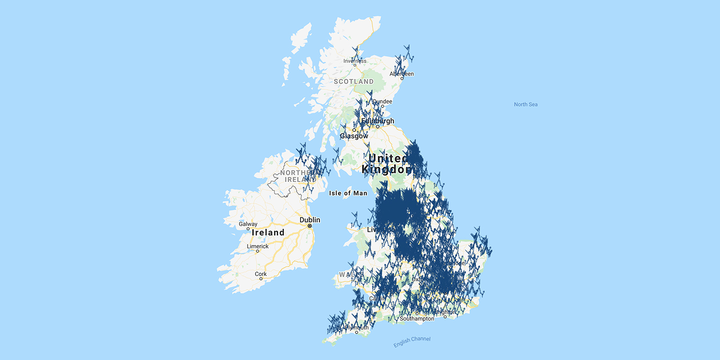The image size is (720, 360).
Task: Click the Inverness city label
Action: [x=354, y=61]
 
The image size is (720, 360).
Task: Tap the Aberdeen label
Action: [x=403, y=73]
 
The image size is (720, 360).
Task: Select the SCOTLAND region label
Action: [x=353, y=81]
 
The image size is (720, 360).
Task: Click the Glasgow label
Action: [x=354, y=136]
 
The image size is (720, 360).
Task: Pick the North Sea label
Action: [x=525, y=104]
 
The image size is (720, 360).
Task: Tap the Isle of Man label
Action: [x=348, y=193]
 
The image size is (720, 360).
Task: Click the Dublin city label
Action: [x=309, y=220]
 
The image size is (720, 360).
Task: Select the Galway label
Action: [x=248, y=224]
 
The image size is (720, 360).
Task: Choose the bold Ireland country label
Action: [x=268, y=232]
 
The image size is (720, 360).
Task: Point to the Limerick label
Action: [x=257, y=246]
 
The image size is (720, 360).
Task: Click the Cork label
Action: [x=260, y=273]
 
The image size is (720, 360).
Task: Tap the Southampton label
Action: [x=417, y=318]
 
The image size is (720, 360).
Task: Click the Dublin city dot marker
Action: [x=310, y=226]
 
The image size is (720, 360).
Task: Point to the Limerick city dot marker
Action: [x=257, y=251]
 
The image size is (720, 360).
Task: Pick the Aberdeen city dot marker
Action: [x=401, y=78]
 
